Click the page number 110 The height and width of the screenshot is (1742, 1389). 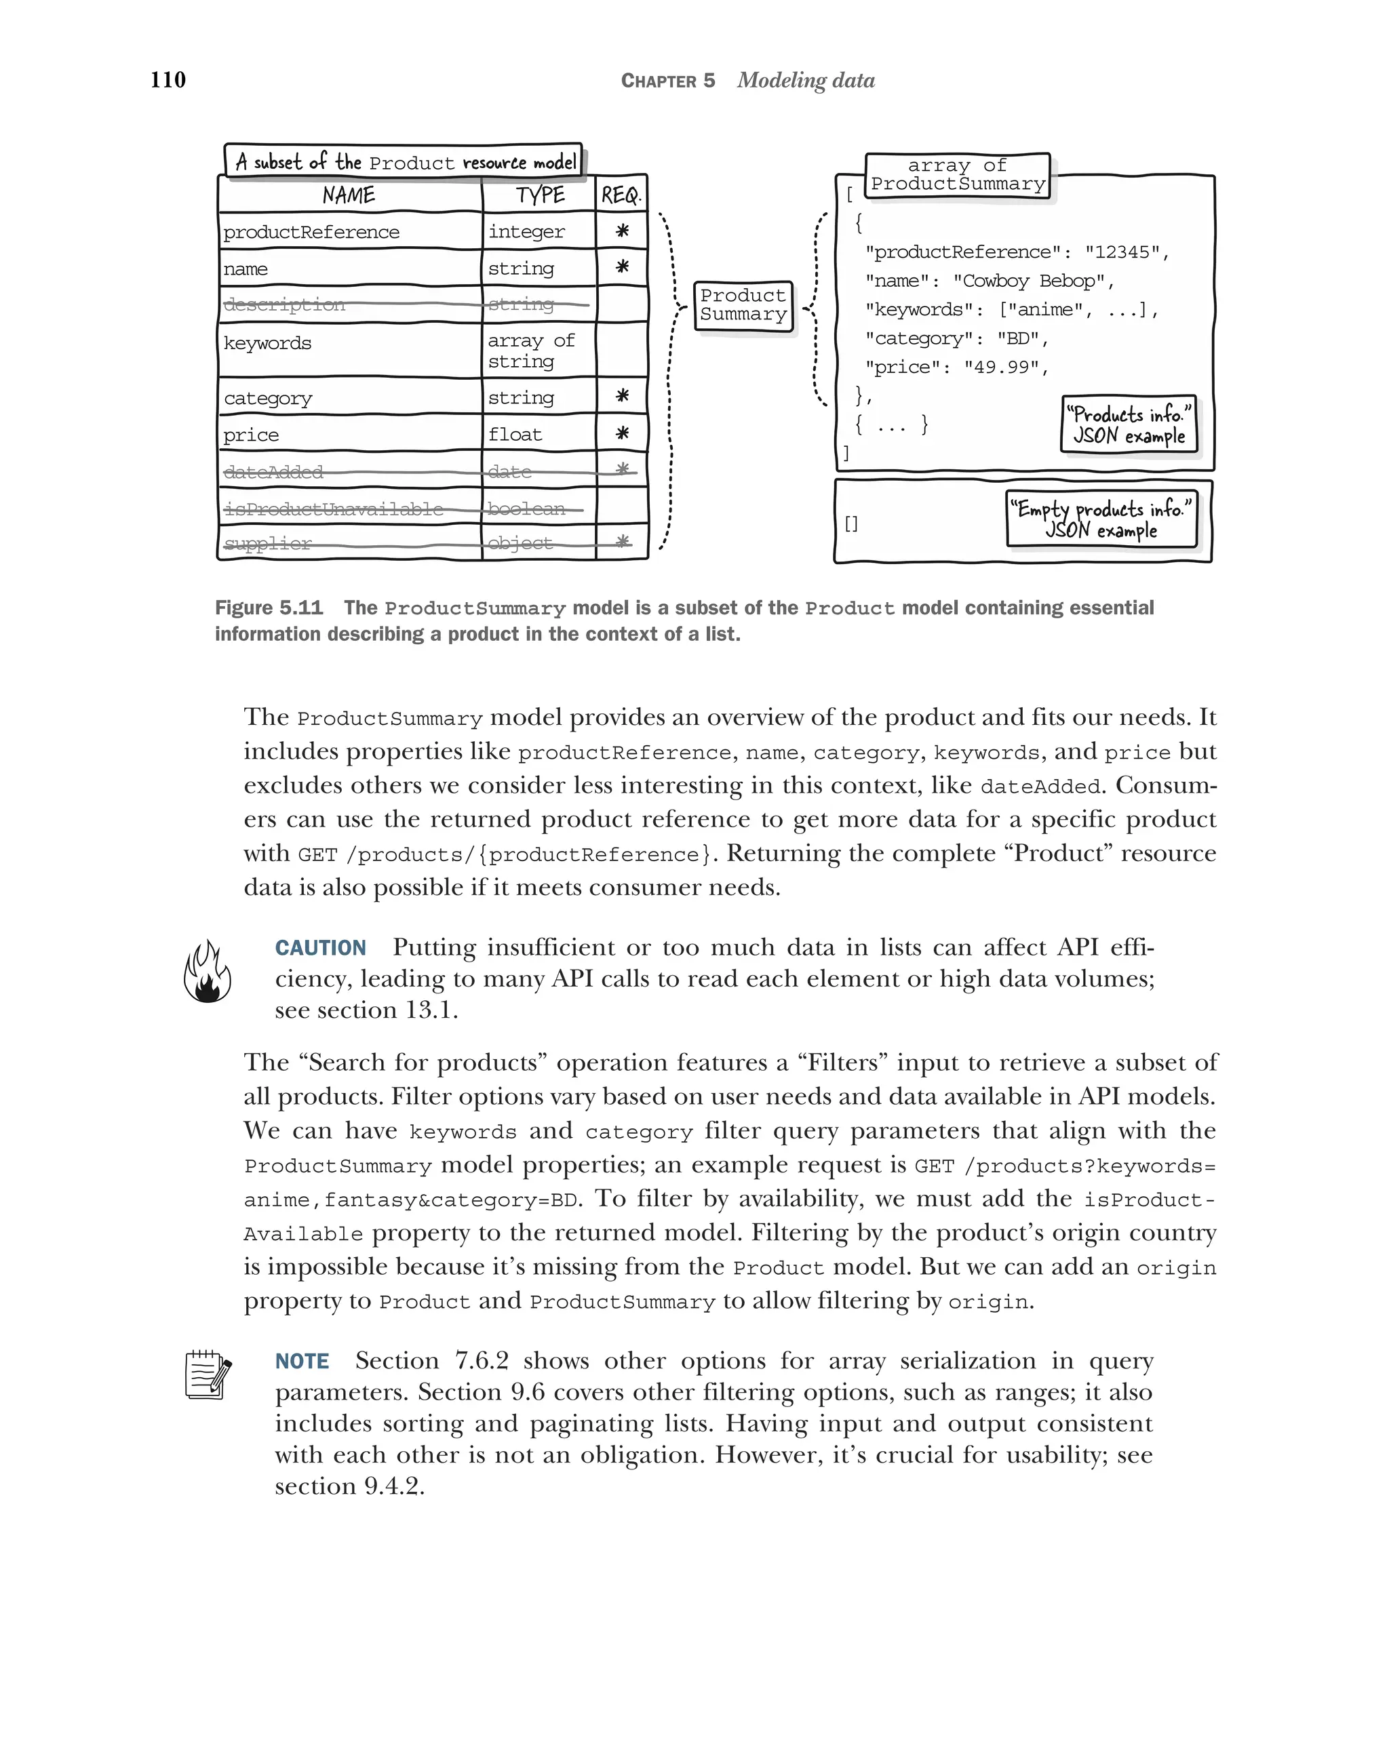[x=168, y=79]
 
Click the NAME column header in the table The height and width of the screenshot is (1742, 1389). [x=349, y=195]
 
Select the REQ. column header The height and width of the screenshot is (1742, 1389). [x=621, y=195]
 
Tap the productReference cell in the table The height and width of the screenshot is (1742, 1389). [x=311, y=233]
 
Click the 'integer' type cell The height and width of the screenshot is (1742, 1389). [x=526, y=232]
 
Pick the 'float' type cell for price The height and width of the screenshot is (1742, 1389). [x=515, y=435]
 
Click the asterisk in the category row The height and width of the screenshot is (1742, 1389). [x=621, y=396]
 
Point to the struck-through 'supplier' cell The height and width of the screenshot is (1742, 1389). [x=267, y=544]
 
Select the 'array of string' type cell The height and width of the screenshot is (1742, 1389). [x=531, y=351]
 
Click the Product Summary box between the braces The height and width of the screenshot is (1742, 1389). [x=743, y=305]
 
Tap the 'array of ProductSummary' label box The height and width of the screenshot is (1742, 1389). [x=958, y=174]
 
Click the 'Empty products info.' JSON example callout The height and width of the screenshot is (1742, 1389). [x=1101, y=519]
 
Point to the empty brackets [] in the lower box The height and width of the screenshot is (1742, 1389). [x=851, y=523]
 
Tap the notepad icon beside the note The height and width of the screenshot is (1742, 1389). [x=208, y=1374]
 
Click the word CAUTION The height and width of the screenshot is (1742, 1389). [x=320, y=948]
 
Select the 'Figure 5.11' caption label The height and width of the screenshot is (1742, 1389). [x=269, y=608]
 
